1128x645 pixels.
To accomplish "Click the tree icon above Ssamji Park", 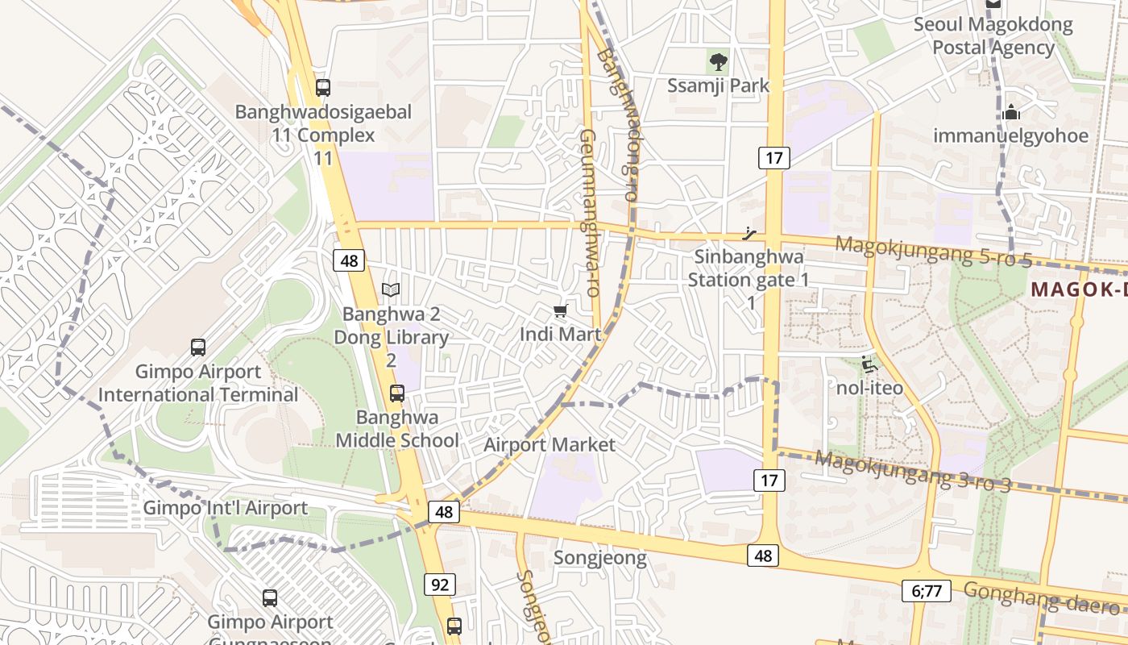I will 717,60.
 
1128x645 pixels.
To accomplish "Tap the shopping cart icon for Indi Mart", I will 560,310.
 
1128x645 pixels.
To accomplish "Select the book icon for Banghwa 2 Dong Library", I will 391,289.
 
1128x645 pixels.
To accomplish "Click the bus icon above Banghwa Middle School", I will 397,393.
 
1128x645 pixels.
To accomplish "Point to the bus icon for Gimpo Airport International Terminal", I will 198,347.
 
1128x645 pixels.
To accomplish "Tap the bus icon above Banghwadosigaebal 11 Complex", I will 323,88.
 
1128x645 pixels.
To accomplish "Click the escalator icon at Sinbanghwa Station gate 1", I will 750,235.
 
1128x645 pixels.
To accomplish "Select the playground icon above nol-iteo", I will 869,364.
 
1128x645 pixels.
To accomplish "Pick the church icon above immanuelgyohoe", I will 1011,112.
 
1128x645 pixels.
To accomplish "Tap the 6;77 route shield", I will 927,591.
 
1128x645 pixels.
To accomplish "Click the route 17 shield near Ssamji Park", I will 773,158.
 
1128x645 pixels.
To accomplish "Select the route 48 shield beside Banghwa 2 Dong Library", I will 349,260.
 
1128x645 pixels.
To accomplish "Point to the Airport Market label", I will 549,444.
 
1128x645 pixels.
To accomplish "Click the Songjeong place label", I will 600,558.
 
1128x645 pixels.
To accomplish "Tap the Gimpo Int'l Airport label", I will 226,508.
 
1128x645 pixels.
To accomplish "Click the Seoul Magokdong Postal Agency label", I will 993,36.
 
